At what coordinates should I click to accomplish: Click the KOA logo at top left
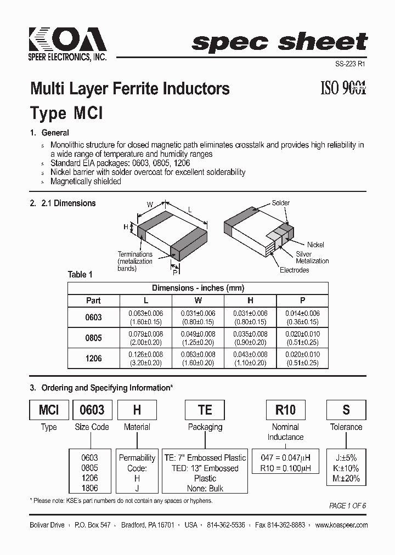pyautogui.click(x=67, y=42)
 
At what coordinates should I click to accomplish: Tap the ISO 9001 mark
pyautogui.click(x=343, y=87)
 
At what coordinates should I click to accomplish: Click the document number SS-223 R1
pyautogui.click(x=349, y=64)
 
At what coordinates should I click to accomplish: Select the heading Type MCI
pyautogui.click(x=66, y=114)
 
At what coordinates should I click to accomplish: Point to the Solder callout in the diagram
pyautogui.click(x=281, y=203)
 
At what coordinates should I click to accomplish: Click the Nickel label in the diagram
pyautogui.click(x=315, y=245)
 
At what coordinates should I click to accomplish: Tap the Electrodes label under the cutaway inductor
pyautogui.click(x=294, y=270)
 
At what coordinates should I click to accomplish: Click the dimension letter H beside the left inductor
pyautogui.click(x=126, y=227)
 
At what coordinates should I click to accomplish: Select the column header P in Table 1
pyautogui.click(x=302, y=301)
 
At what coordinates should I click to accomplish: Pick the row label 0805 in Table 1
pyautogui.click(x=94, y=338)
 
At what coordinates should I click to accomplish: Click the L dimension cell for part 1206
pyautogui.click(x=146, y=358)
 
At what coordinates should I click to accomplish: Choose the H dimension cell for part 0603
pyautogui.click(x=250, y=317)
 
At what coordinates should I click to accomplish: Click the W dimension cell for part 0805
pyautogui.click(x=198, y=338)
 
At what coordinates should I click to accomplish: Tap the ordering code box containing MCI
pyautogui.click(x=49, y=410)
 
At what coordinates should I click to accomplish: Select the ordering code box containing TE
pyautogui.click(x=205, y=410)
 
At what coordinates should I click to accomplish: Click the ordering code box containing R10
pyautogui.click(x=285, y=410)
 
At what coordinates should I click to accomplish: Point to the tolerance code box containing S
pyautogui.click(x=346, y=410)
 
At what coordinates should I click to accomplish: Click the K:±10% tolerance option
pyautogui.click(x=346, y=468)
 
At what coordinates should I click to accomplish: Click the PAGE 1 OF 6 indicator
pyautogui.click(x=347, y=506)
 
